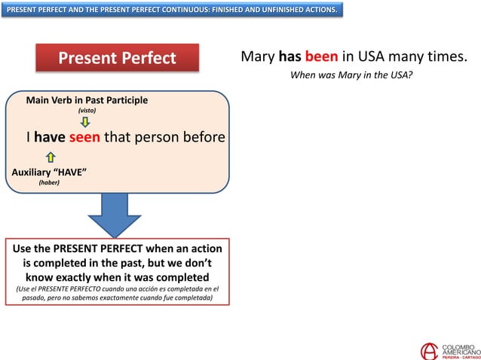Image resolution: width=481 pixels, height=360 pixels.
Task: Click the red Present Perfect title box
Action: pos(117,58)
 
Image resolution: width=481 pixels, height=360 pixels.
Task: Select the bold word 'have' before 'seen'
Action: pos(50,137)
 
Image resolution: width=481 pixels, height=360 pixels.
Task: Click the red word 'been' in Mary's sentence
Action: pos(321,57)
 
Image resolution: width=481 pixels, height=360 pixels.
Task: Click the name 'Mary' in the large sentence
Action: pos(258,57)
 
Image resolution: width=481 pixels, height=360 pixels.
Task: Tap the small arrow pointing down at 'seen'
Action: pos(85,122)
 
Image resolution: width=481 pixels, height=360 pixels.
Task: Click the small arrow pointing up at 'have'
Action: pos(51,157)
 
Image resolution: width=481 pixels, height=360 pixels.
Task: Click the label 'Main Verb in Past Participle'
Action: pos(87,100)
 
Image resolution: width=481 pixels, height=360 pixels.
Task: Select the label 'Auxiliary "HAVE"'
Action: pos(49,172)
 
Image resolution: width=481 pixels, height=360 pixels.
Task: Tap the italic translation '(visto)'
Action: pos(87,111)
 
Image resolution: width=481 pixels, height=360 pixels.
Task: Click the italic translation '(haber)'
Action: pos(49,182)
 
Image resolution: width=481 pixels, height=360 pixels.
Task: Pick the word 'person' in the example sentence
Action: pos(161,137)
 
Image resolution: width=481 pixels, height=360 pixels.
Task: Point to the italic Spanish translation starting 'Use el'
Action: pos(117,293)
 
